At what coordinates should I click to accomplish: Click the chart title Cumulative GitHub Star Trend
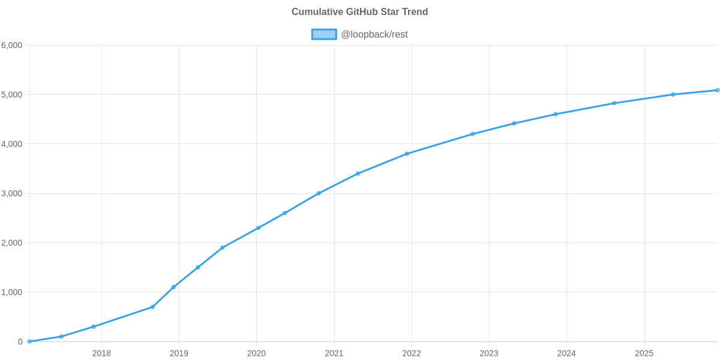point(359,12)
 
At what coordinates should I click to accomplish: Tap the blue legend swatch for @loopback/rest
point(323,35)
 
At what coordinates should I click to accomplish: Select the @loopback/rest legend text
point(374,35)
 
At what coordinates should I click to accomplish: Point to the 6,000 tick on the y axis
point(12,46)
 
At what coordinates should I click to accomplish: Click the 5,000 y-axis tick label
point(12,95)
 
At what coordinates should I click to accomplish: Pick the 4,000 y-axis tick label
point(12,144)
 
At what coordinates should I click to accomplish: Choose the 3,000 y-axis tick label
point(12,194)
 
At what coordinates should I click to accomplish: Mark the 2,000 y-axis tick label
point(12,243)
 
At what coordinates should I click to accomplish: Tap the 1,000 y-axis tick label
point(12,292)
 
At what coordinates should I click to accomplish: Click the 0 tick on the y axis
point(20,342)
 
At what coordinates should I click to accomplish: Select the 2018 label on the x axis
point(101,353)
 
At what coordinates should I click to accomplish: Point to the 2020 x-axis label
point(256,353)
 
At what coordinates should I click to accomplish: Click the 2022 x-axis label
point(412,353)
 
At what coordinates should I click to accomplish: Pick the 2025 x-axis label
point(644,353)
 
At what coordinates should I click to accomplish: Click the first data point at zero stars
point(29,341)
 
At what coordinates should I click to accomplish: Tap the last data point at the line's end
point(717,90)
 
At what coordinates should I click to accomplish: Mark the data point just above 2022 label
point(407,154)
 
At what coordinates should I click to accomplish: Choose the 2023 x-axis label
point(489,353)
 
